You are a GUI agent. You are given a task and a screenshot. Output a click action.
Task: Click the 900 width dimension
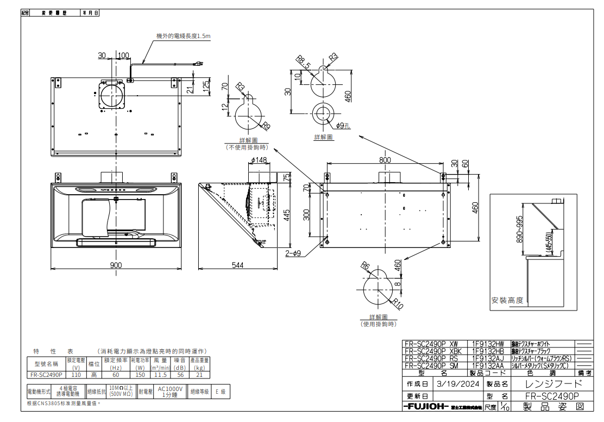click(116, 265)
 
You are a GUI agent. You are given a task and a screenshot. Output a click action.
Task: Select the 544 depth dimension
click(237, 265)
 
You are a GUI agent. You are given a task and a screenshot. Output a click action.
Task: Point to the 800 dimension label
click(385, 160)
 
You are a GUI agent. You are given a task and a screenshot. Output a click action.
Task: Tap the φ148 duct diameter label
click(259, 160)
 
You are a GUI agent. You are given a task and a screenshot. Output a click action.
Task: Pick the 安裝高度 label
click(507, 300)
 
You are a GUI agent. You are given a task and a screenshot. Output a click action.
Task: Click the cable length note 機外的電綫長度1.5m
click(183, 36)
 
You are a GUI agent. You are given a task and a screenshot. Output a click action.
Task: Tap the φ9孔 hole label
click(343, 126)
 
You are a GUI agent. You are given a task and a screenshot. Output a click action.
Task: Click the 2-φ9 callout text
click(294, 253)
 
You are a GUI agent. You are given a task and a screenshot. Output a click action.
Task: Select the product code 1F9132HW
click(488, 344)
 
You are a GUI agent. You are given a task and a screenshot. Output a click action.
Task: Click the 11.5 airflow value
click(160, 375)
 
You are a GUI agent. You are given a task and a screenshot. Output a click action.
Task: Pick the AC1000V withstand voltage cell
click(170, 392)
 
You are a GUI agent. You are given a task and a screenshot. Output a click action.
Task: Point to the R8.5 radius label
click(303, 62)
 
